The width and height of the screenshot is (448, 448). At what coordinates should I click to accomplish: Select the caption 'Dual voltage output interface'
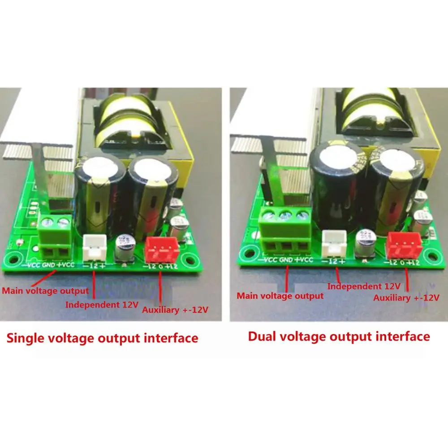[x=339, y=336]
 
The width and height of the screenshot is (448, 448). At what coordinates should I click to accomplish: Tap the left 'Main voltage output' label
[x=46, y=290]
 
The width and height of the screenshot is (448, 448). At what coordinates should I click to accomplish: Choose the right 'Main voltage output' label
[x=280, y=296]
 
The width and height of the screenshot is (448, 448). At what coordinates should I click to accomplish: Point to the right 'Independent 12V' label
[x=363, y=286]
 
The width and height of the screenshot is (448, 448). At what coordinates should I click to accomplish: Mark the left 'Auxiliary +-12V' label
[x=175, y=309]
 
